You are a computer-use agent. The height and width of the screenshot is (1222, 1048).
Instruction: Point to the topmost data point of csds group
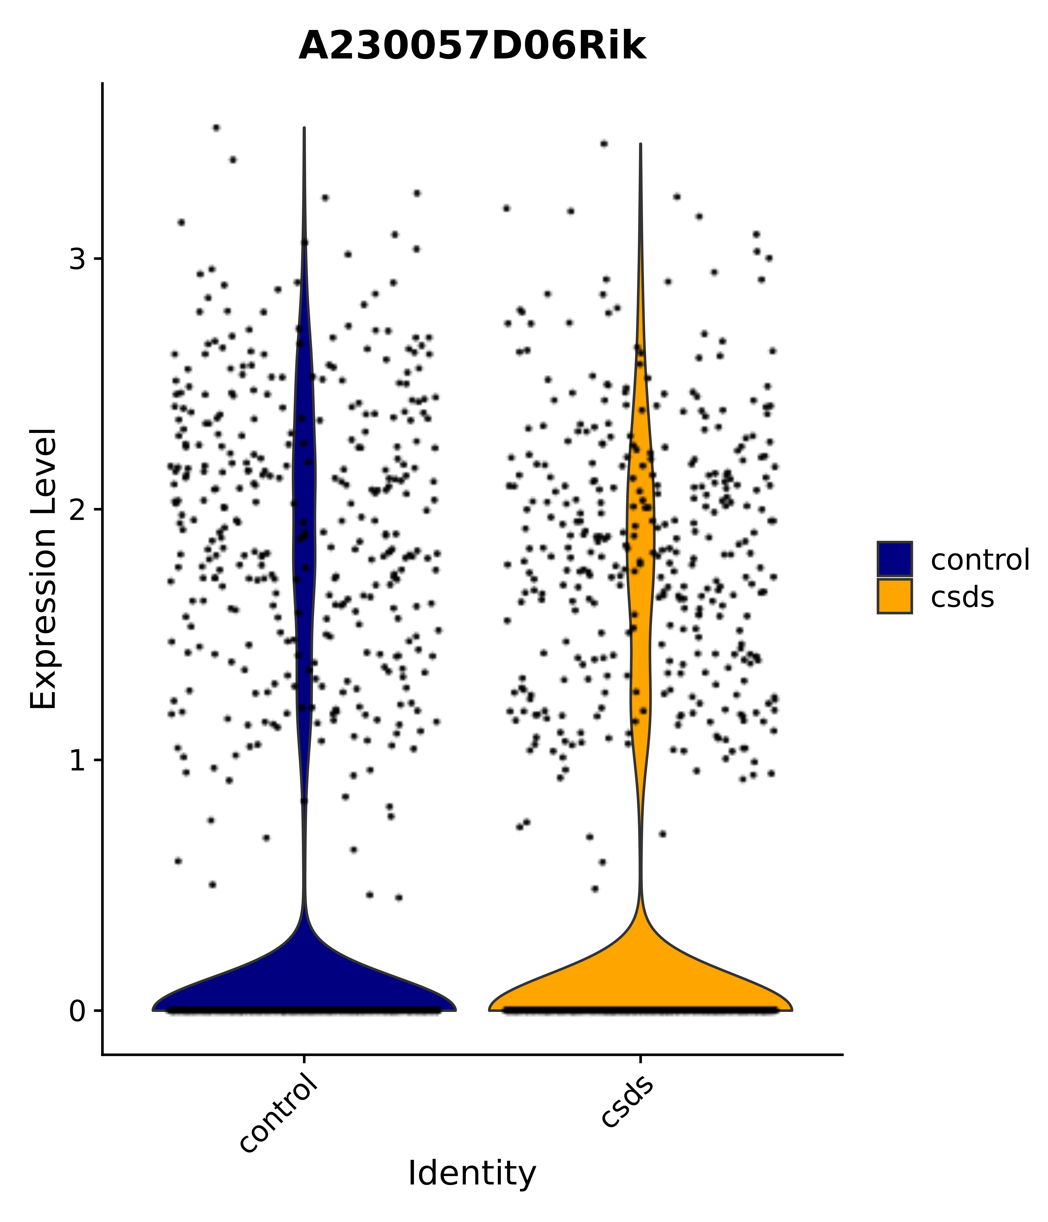coord(604,143)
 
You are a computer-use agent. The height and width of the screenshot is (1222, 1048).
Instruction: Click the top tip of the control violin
coord(304,129)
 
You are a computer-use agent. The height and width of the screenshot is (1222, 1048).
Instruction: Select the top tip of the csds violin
coord(640,145)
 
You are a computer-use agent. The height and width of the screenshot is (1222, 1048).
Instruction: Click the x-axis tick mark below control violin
coord(304,1060)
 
